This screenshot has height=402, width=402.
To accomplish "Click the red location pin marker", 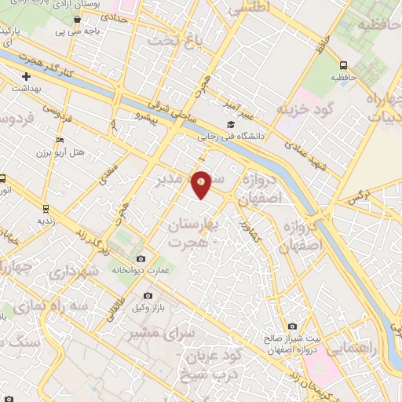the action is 202,183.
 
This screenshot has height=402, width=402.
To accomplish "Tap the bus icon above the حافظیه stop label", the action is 343,66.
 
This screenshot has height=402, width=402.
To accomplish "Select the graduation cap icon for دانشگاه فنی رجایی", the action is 230,125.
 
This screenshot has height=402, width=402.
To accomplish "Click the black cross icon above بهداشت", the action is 27,77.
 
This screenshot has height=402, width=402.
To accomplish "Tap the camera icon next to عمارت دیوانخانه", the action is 141,258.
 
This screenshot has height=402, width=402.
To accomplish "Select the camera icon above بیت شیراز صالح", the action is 293,326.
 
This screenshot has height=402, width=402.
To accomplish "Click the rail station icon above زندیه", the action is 46,209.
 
